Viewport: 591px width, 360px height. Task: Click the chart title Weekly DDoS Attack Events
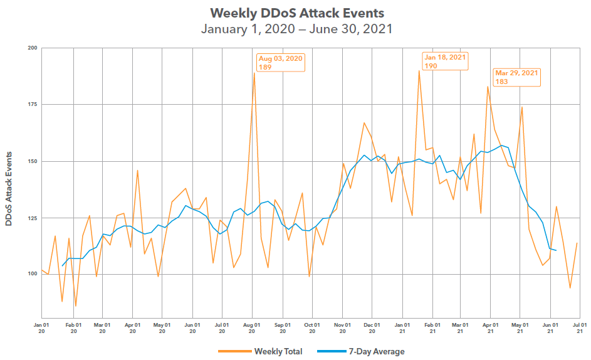(296, 13)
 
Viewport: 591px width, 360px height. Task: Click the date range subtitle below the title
(296, 29)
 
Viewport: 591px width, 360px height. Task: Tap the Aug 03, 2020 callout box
(280, 62)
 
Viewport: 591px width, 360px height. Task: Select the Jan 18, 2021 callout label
(445, 61)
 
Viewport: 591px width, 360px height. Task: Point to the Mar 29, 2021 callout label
(516, 77)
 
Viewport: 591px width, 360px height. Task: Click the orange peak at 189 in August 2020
(254, 73)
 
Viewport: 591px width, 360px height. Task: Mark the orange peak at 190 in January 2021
(419, 71)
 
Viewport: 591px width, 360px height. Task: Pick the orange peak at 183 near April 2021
(488, 87)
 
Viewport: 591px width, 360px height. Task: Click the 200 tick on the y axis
(32, 48)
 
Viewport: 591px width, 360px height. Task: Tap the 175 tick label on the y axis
(32, 105)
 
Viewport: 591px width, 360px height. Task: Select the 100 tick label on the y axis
(32, 274)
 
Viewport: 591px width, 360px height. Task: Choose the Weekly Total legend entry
(277, 351)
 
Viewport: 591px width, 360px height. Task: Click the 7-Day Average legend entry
(376, 351)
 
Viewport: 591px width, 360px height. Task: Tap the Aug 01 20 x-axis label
(252, 328)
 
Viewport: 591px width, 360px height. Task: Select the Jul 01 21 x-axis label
(580, 328)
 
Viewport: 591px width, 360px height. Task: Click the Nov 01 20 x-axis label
(342, 328)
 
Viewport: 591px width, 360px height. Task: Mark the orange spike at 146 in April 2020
(137, 171)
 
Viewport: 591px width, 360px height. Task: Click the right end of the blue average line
(556, 251)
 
